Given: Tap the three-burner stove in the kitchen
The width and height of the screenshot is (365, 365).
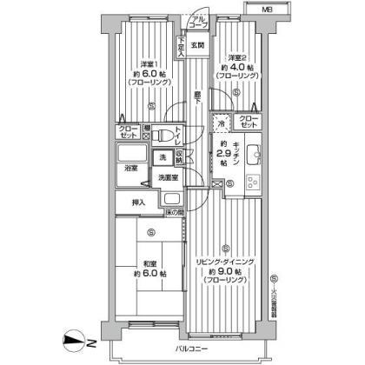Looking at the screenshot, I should click(x=255, y=185).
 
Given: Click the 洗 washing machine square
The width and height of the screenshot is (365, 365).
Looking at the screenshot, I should click(x=163, y=157).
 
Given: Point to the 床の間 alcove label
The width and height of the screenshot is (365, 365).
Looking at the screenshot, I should click(x=175, y=213).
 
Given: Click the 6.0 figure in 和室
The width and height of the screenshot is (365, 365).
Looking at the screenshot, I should click(x=153, y=275).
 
